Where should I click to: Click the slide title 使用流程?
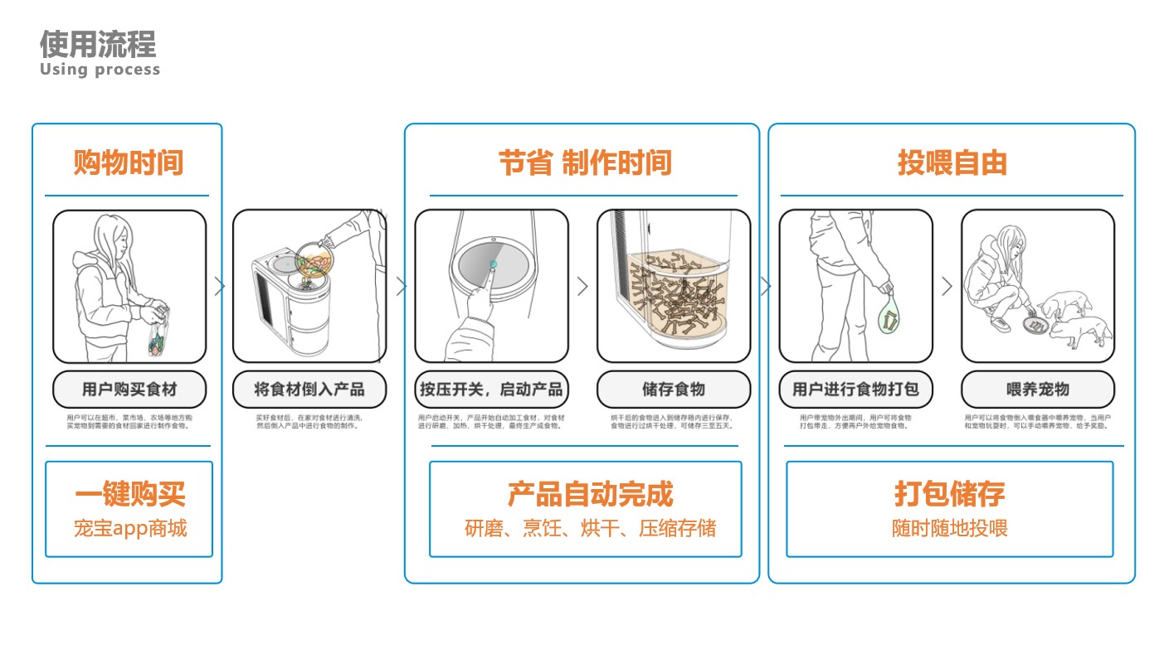[x=98, y=43]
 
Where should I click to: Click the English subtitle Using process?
[x=100, y=70]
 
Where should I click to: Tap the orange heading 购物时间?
[x=128, y=162]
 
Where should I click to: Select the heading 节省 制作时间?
[x=584, y=162]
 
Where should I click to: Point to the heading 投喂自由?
[x=952, y=162]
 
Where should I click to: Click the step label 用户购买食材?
[x=129, y=389]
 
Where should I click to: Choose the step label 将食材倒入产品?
[x=309, y=389]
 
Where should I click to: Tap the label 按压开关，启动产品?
[x=491, y=389]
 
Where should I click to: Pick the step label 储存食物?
[x=673, y=389]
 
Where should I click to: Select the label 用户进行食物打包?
[x=855, y=389]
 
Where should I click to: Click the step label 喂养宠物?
[x=1038, y=389]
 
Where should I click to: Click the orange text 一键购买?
[x=129, y=494]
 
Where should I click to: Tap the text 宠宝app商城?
[x=129, y=528]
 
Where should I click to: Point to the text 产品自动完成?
[x=590, y=494]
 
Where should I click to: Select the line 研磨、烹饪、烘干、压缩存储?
[x=590, y=528]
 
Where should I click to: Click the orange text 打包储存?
[x=949, y=494]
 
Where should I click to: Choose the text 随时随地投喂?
[x=949, y=528]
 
